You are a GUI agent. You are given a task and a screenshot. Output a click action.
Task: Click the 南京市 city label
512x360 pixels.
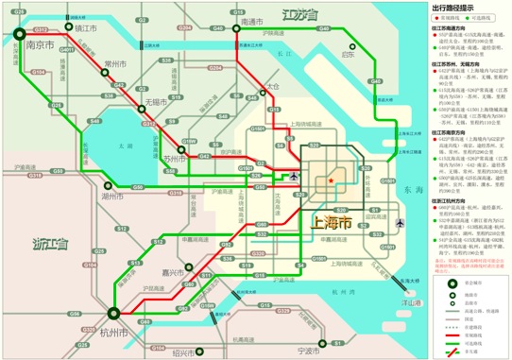[x=41, y=43]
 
